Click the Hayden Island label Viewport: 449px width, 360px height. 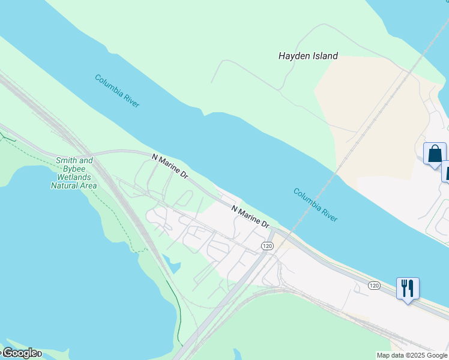tap(308, 56)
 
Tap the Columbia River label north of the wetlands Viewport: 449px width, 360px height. tap(117, 91)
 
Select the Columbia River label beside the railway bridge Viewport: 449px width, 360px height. tap(315, 205)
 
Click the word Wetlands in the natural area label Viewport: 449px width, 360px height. tap(74, 178)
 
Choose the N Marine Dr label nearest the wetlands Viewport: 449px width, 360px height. tap(170, 167)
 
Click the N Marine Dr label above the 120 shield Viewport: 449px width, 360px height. tap(251, 215)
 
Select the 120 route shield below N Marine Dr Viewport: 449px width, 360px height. tap(267, 246)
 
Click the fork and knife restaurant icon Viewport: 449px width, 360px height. tap(408, 289)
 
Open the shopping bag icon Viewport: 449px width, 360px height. tap(435, 154)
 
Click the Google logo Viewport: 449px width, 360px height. tap(20, 353)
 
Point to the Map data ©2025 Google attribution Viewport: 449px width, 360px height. tap(412, 355)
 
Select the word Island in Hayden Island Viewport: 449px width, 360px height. tap(324, 56)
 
